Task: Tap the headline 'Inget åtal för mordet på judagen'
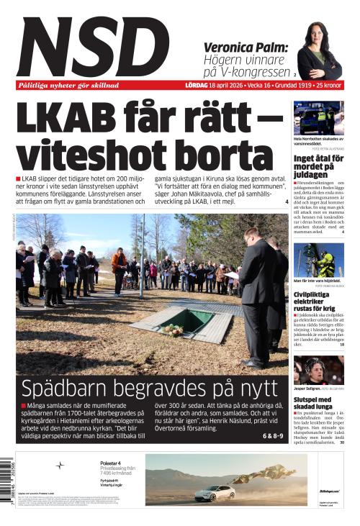point(318,166)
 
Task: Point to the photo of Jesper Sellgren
point(318,369)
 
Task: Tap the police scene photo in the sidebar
point(318,117)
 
